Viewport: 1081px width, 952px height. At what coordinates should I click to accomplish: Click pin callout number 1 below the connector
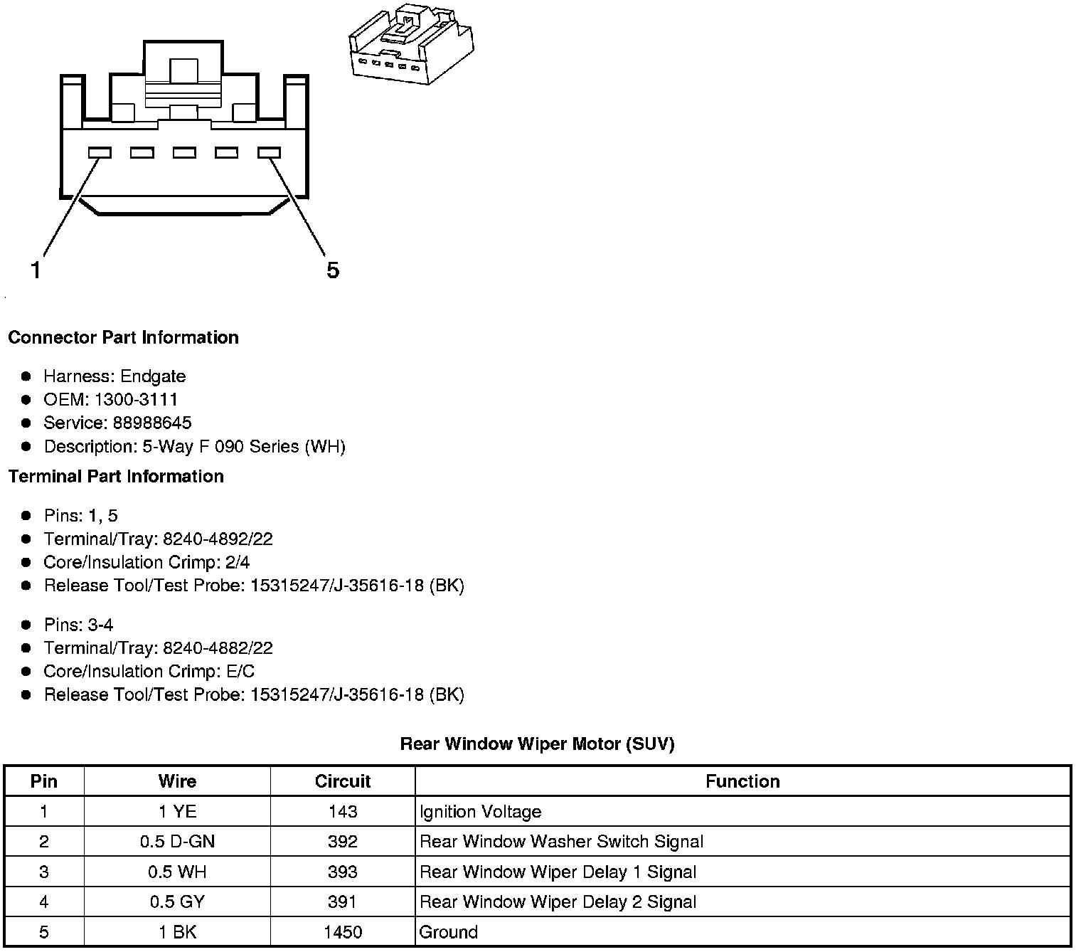(x=36, y=270)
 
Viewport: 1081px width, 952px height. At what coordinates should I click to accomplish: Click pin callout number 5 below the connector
(x=333, y=270)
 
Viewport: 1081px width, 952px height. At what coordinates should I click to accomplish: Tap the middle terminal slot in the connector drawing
(x=184, y=153)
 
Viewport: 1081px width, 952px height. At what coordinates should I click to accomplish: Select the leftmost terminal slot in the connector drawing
(x=100, y=153)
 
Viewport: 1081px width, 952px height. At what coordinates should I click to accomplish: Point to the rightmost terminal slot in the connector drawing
(x=270, y=153)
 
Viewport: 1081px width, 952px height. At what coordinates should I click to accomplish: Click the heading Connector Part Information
(x=123, y=337)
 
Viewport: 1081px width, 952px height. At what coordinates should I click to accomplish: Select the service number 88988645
(x=152, y=423)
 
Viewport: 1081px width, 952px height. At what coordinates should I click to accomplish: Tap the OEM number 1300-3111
(x=136, y=399)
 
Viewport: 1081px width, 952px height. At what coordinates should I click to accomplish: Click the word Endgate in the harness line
(x=153, y=376)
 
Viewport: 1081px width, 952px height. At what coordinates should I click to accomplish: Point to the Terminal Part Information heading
(x=116, y=476)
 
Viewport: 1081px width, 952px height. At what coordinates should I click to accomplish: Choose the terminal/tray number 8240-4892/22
(x=218, y=539)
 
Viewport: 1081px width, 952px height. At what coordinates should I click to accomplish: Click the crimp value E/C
(x=238, y=672)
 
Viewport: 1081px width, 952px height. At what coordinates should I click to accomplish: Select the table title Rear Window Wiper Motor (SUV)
(x=537, y=744)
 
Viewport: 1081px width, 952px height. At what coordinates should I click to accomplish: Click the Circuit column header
(x=343, y=781)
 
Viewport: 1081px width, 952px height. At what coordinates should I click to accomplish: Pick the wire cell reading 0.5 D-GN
(x=177, y=842)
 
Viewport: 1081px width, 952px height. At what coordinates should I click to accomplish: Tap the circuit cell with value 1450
(x=343, y=932)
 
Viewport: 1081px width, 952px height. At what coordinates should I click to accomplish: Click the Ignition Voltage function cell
(x=481, y=812)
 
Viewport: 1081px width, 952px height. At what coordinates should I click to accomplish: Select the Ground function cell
(x=449, y=932)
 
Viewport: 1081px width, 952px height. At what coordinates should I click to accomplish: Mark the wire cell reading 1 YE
(x=177, y=812)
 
